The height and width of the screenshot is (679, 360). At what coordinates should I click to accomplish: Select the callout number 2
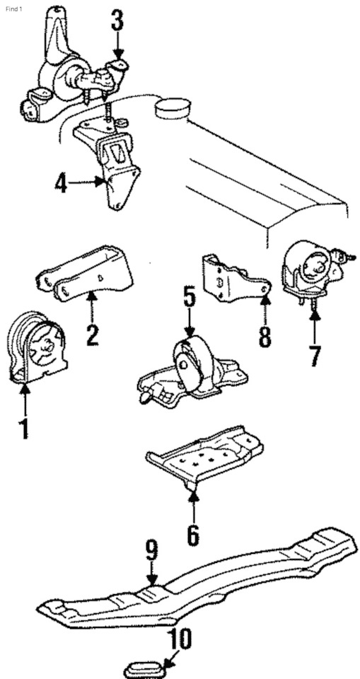[x=92, y=335]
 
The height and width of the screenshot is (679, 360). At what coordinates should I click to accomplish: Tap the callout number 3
[x=117, y=21]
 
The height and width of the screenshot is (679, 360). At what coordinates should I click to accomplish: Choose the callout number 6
[x=193, y=535]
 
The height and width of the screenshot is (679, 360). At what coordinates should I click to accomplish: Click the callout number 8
[x=265, y=337]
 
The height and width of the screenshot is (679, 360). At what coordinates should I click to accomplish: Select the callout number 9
[x=151, y=550]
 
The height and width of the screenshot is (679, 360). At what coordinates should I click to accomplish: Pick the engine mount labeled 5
[x=192, y=369]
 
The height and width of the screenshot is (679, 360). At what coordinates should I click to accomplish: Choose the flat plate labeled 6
[x=204, y=458]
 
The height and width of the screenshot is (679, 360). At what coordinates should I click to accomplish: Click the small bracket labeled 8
[x=234, y=278]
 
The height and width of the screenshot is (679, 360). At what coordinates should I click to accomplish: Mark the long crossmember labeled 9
[x=197, y=578]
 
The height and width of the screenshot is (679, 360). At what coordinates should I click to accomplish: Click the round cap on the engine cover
[x=173, y=108]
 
